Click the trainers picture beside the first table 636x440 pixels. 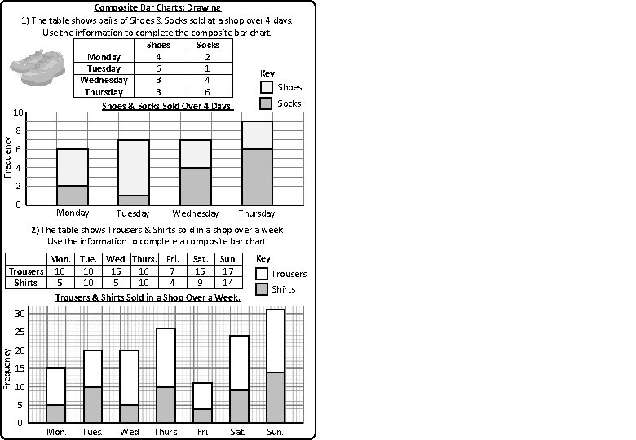point(38,65)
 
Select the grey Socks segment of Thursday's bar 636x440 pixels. point(257,176)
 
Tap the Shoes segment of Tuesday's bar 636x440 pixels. point(133,167)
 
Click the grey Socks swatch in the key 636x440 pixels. point(267,103)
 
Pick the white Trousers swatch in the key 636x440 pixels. point(262,274)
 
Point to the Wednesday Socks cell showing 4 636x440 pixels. point(207,80)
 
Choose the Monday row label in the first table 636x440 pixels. point(104,57)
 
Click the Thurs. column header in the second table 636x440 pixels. point(144,259)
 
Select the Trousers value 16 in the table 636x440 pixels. point(144,271)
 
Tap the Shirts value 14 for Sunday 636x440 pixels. point(229,283)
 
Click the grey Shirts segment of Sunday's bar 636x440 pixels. point(275,397)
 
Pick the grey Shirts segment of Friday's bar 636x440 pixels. point(203,415)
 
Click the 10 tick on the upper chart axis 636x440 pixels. point(17,112)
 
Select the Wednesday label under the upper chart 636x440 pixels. point(196,213)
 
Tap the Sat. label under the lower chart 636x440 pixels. point(238,432)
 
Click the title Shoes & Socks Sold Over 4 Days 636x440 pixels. point(167,106)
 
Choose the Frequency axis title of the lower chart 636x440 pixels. point(7,368)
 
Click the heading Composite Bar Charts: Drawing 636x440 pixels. point(157,7)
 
